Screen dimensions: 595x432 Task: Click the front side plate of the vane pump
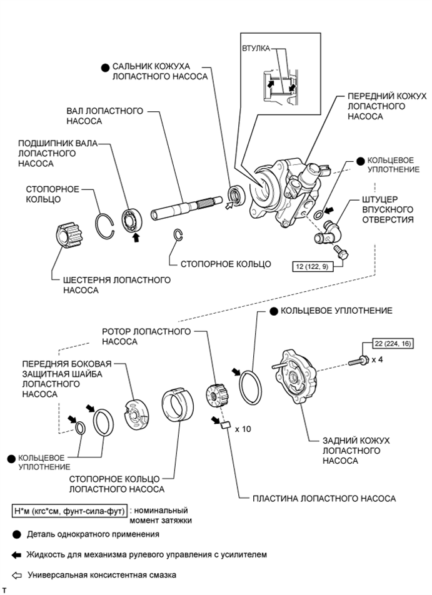point(136,414)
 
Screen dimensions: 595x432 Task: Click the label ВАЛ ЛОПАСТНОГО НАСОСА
point(105,116)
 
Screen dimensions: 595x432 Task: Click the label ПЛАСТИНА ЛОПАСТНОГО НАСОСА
point(323,498)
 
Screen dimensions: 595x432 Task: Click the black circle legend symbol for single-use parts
point(17,534)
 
